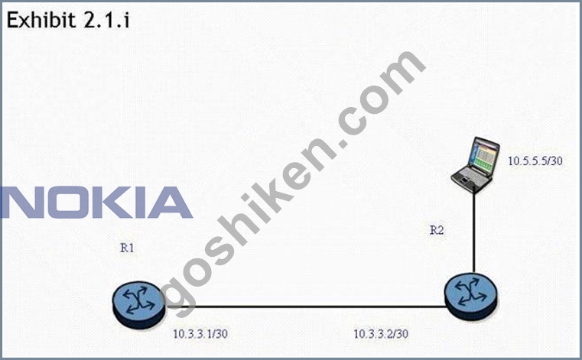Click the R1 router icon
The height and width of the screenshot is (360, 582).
pos(139,305)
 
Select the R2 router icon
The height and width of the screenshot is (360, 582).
pos(471,297)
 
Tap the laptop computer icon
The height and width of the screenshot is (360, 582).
pos(475,165)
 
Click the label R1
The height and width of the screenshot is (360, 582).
pos(127,248)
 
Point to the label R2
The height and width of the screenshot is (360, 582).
pos(437,230)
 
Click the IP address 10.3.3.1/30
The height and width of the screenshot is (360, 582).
pos(200,334)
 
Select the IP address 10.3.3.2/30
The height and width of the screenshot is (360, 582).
pos(381,334)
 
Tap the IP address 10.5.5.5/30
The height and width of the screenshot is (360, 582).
pos(535,161)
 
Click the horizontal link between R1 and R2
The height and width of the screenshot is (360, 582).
pos(305,307)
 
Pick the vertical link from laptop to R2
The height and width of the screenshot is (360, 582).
pos(474,232)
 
